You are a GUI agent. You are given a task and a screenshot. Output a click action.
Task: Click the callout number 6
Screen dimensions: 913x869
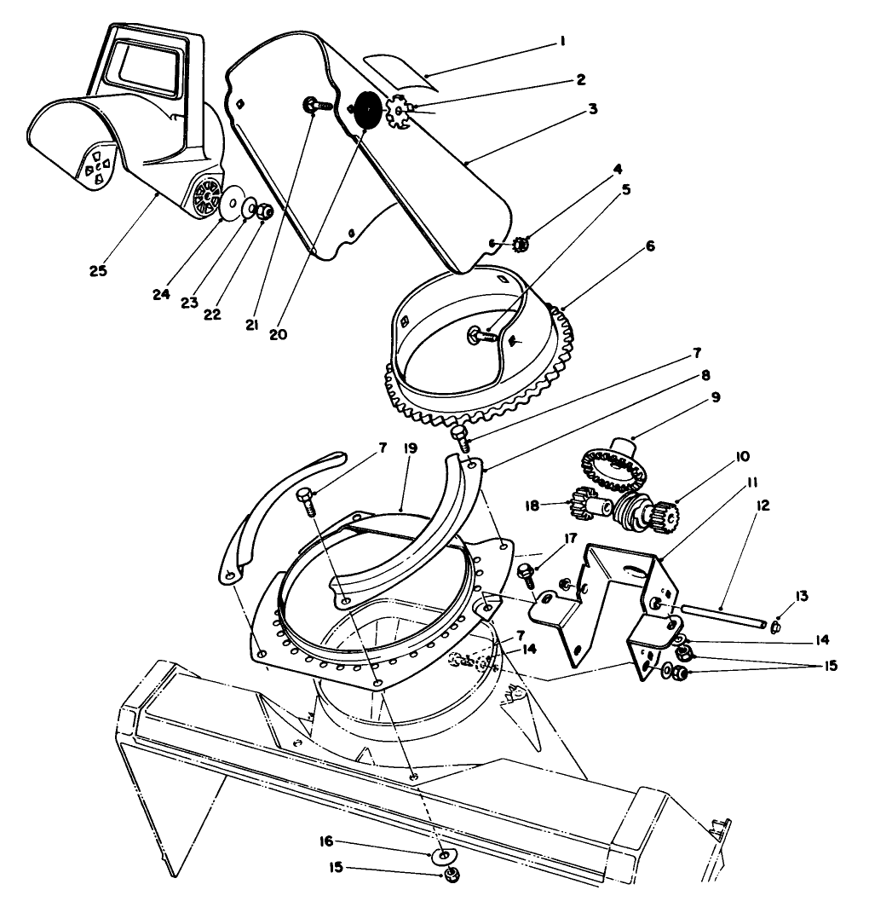(651, 246)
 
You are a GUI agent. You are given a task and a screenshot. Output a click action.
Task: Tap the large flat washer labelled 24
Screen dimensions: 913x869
(229, 205)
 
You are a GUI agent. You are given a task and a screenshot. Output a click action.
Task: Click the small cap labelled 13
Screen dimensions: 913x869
(777, 627)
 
